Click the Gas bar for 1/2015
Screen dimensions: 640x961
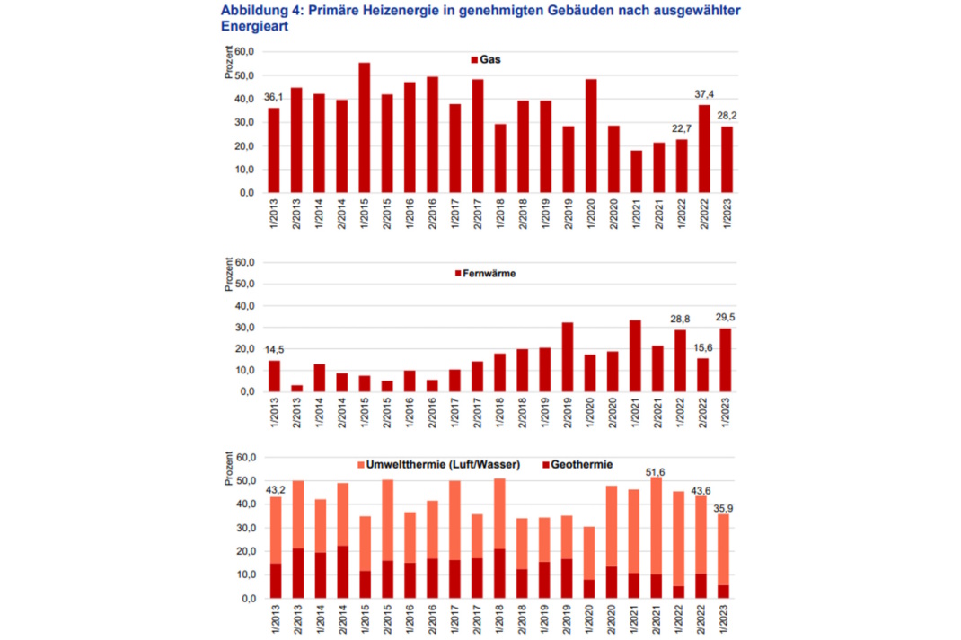tap(364, 127)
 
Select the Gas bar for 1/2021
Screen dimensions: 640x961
tap(636, 171)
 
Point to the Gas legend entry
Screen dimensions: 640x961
tap(486, 59)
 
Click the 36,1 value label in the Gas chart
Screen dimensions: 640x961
tap(273, 97)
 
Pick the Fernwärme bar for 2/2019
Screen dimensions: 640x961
tap(568, 357)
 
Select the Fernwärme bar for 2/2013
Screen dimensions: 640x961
tap(296, 388)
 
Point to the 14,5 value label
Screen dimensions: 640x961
tap(273, 349)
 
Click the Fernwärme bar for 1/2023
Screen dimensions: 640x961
tap(726, 360)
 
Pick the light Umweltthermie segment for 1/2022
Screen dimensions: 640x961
tap(681, 539)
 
